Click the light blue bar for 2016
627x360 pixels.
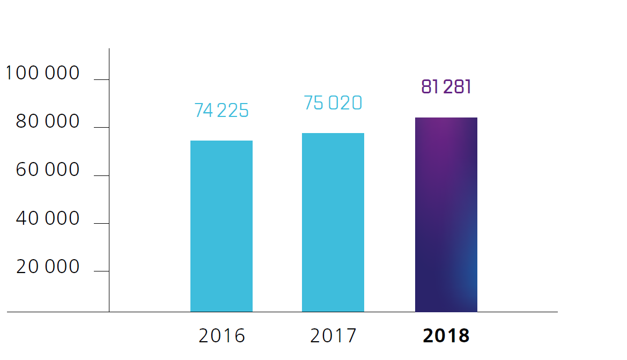222,226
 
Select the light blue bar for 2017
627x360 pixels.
333,222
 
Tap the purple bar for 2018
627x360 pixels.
446,215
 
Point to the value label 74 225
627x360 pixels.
222,111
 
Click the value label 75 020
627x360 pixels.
333,103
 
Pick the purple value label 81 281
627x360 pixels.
446,87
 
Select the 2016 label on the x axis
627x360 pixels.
222,336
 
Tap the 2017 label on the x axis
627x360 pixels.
333,336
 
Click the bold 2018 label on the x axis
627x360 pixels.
446,336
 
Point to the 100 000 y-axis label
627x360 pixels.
43,73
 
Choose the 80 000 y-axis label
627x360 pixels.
48,122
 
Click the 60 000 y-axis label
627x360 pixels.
48,170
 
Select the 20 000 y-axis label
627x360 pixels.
48,267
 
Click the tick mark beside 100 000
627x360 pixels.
101,80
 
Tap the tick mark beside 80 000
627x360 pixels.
101,128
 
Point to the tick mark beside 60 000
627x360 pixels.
101,175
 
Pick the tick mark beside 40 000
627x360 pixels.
101,223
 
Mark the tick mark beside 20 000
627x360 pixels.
101,271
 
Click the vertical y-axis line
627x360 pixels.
109,193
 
